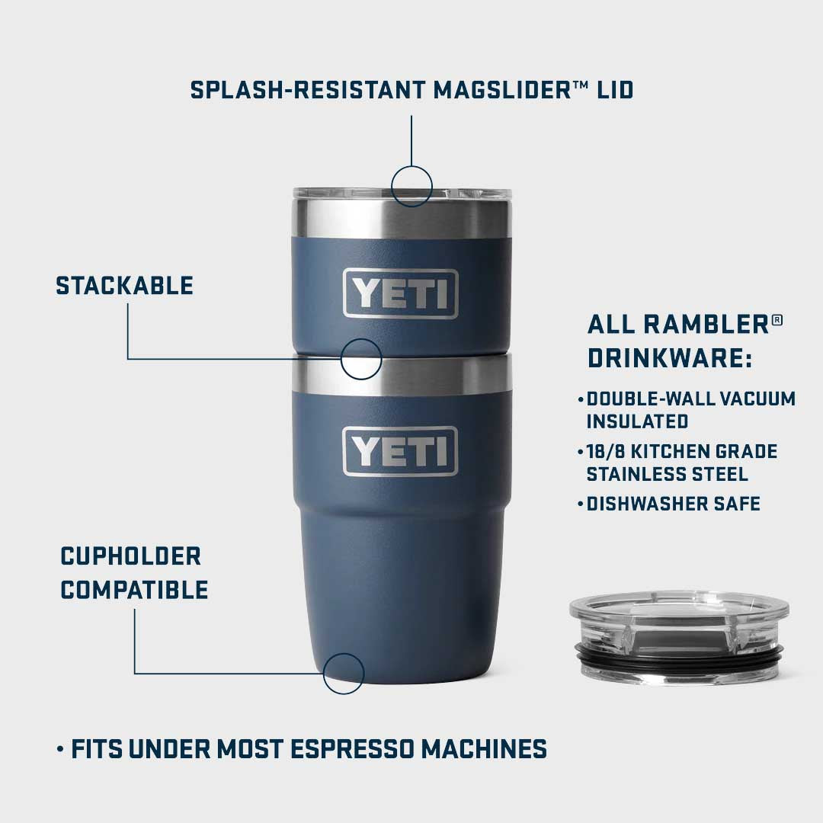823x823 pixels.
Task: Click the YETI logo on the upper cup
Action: point(400,293)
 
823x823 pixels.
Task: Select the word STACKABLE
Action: point(124,286)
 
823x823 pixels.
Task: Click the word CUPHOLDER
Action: point(130,556)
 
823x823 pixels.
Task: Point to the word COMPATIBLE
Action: point(134,589)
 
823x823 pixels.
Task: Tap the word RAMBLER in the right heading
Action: point(706,324)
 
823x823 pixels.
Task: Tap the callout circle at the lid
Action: point(411,185)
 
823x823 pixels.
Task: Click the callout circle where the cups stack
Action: point(360,359)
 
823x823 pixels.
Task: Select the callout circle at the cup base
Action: point(343,674)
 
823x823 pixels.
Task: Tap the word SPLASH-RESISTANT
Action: point(309,90)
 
